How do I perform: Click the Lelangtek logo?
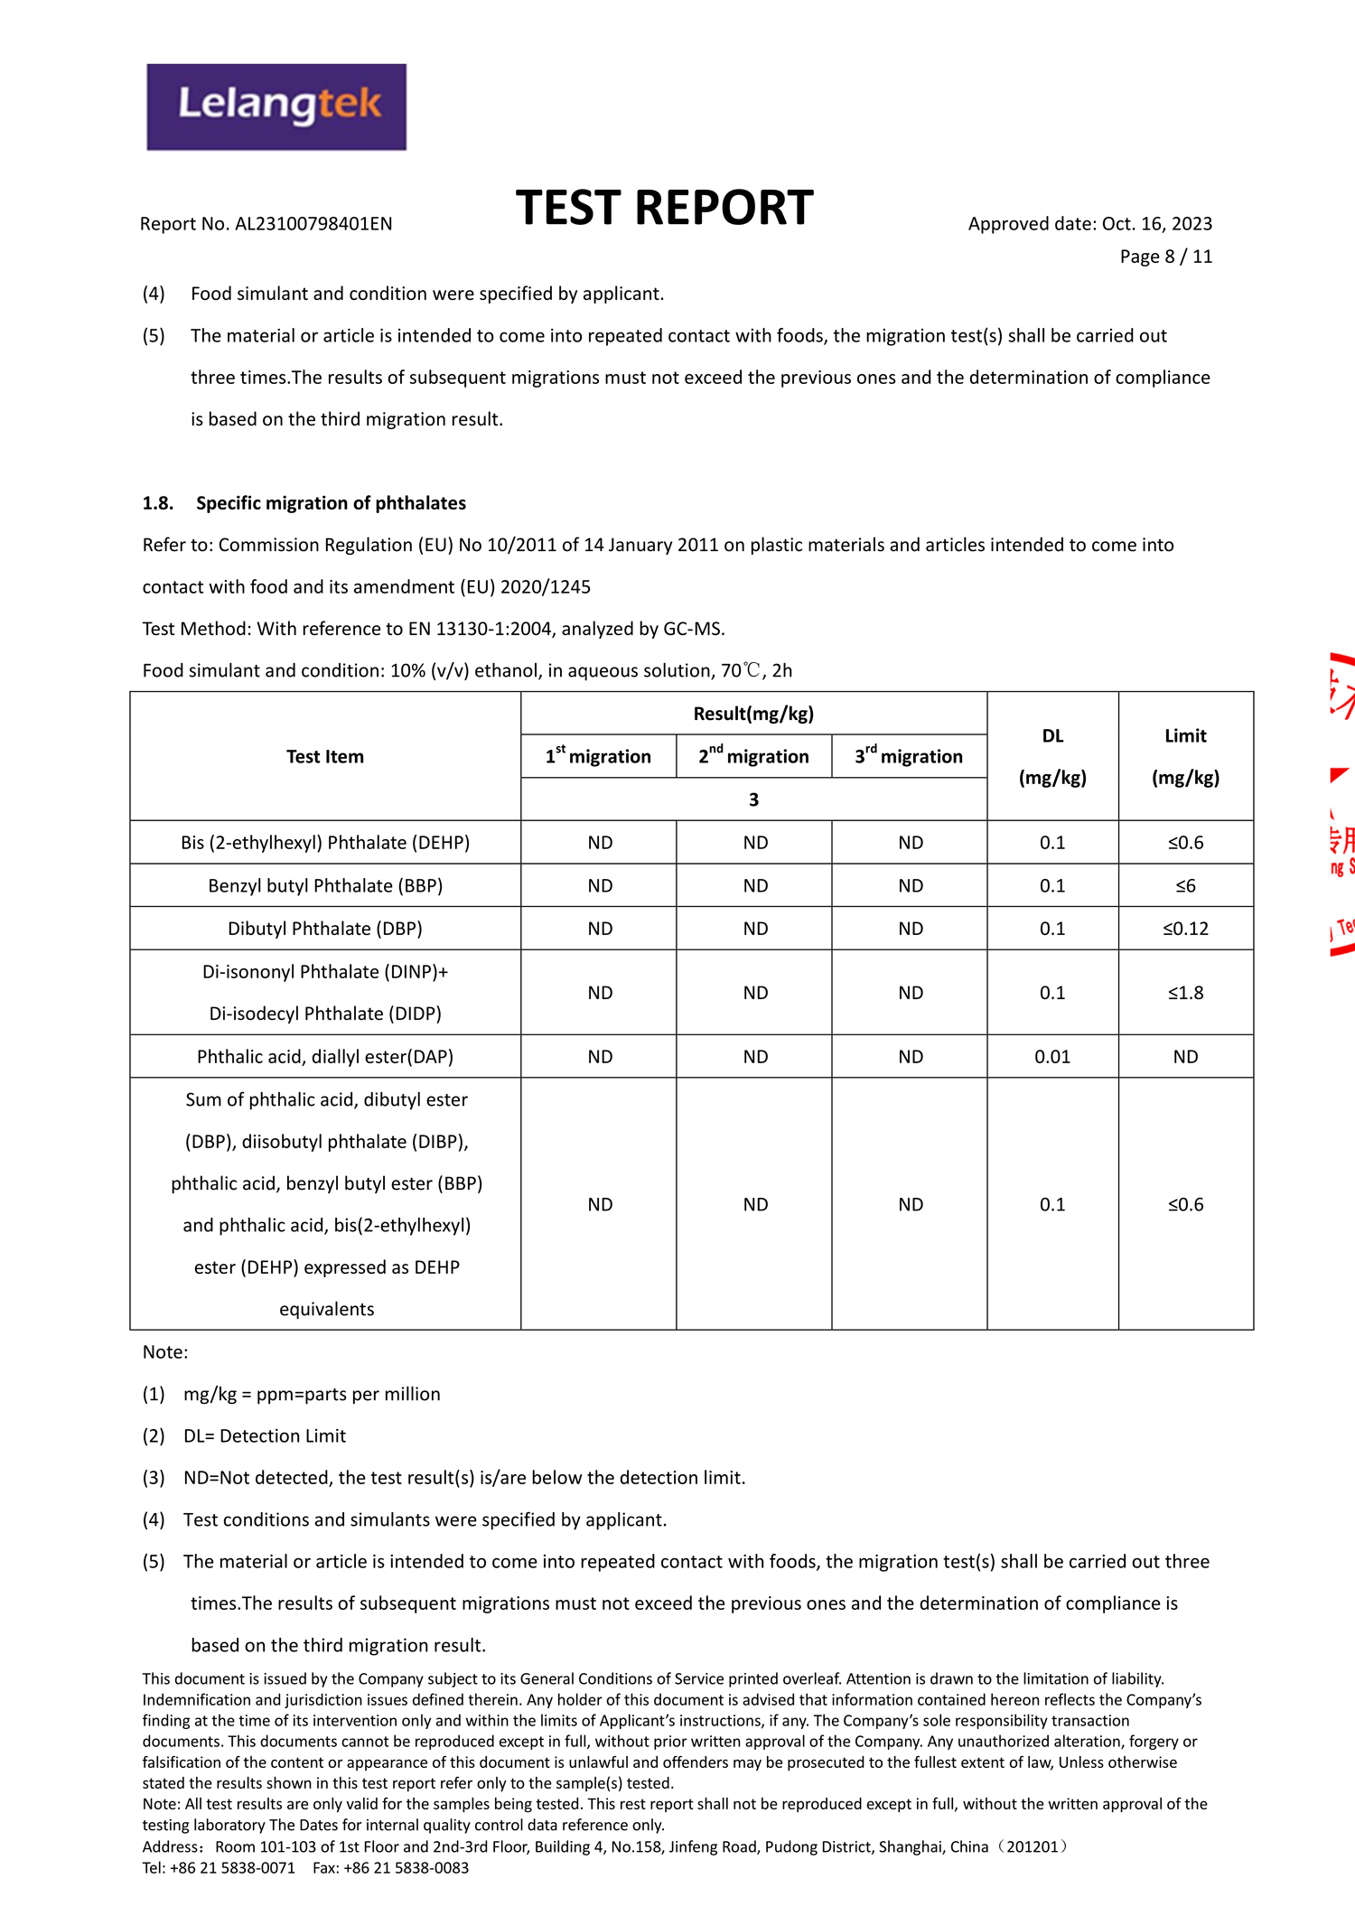tap(276, 107)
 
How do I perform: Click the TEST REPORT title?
tap(664, 208)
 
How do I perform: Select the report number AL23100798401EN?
tap(313, 224)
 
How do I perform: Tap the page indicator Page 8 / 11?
tap(1165, 257)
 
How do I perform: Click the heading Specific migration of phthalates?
tap(331, 503)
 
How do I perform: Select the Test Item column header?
tap(325, 757)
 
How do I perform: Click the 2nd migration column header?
tap(753, 757)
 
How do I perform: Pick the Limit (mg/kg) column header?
tap(1185, 757)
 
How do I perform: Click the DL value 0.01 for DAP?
tap(1052, 1057)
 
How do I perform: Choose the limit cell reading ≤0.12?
tap(1185, 929)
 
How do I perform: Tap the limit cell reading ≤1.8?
tap(1185, 993)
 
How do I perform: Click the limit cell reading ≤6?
tap(1185, 886)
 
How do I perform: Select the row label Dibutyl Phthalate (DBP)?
tap(325, 929)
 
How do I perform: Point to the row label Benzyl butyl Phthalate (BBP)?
tap(325, 886)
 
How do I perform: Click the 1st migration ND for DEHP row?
tap(600, 843)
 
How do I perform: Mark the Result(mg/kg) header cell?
tap(753, 714)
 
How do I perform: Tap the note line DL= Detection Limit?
tap(265, 1435)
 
